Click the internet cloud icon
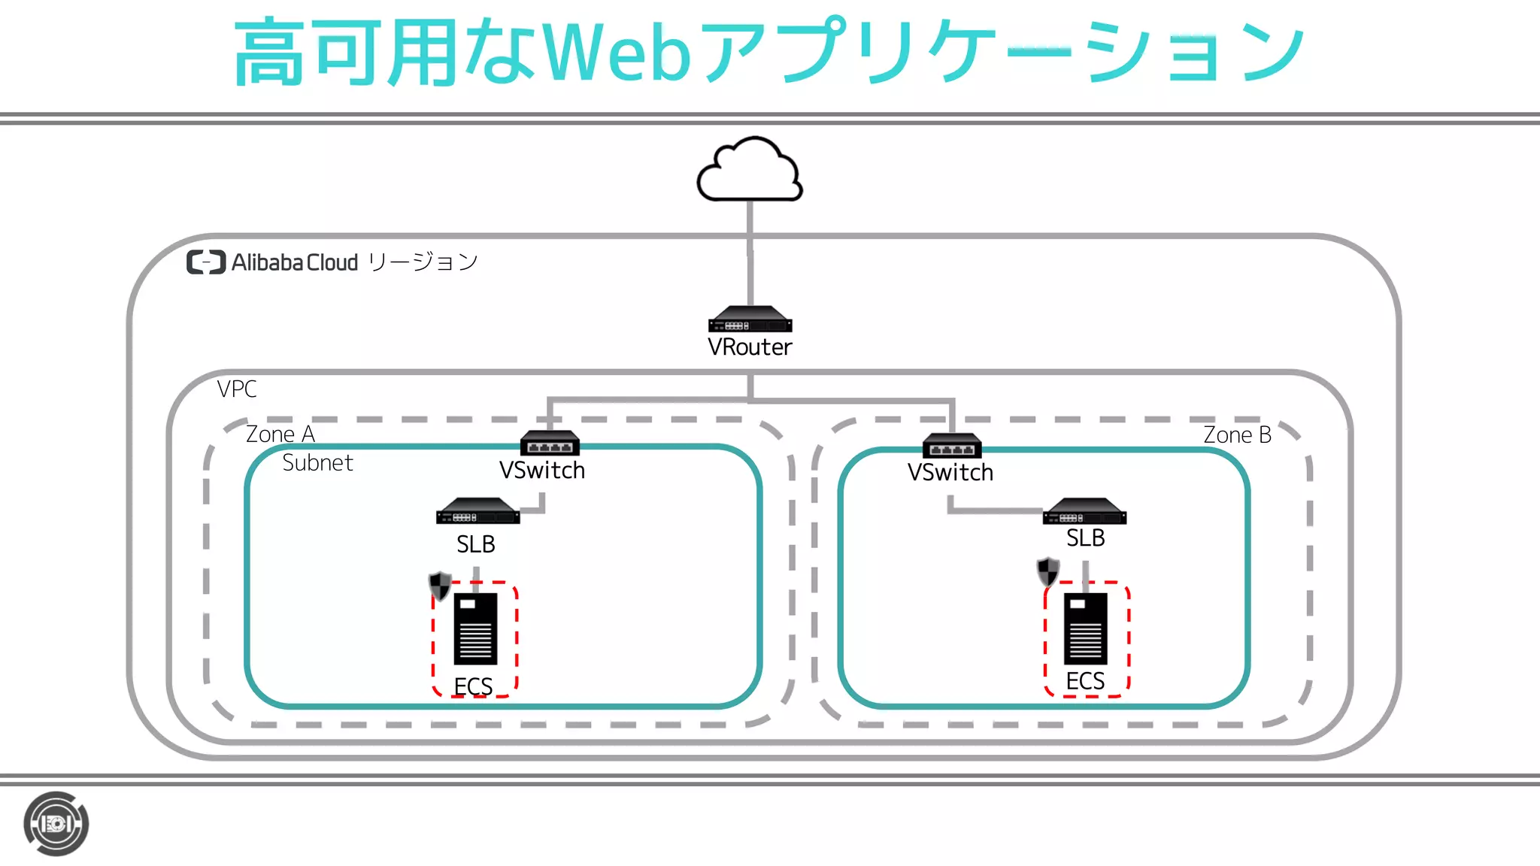click(x=750, y=171)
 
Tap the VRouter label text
click(x=750, y=347)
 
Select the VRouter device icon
click(x=750, y=319)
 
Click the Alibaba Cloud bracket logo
click(x=206, y=262)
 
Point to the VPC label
click(x=237, y=389)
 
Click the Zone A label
click(x=280, y=435)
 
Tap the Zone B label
click(x=1237, y=435)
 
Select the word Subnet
click(x=317, y=463)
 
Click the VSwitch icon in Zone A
click(x=550, y=444)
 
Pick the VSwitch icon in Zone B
click(x=952, y=447)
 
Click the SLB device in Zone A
click(x=477, y=512)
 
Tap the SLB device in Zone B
click(x=1084, y=512)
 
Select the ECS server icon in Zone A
click(x=475, y=629)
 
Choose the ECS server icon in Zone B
click(x=1085, y=629)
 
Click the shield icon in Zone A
click(x=440, y=586)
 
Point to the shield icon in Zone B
click(x=1048, y=571)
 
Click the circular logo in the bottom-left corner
click(x=56, y=824)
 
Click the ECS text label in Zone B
click(x=1085, y=681)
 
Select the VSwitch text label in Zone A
click(x=542, y=471)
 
